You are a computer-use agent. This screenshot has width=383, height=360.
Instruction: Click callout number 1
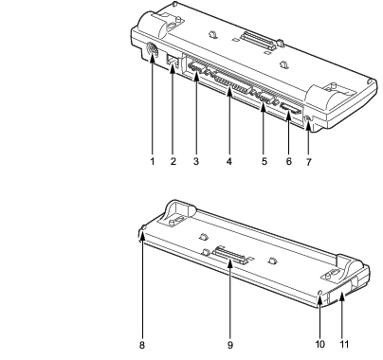(153, 161)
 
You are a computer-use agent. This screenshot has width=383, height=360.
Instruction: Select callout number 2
(173, 161)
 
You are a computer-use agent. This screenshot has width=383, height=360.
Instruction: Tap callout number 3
(196, 161)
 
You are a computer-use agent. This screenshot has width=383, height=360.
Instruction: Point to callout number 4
(229, 161)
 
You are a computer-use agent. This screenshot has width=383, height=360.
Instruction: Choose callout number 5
(264, 161)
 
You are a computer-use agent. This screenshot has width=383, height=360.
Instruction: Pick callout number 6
(289, 161)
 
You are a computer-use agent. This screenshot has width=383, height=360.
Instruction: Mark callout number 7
(309, 162)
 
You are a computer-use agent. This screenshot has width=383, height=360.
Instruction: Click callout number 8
(142, 345)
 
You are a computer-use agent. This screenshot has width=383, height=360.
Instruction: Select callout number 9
(230, 345)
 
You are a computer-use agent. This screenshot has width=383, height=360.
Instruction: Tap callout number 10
(320, 344)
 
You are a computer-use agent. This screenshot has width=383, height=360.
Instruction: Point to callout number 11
(344, 344)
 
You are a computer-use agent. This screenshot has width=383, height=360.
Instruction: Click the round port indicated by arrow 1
(153, 50)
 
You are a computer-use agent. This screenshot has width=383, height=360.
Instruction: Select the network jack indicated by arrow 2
(173, 61)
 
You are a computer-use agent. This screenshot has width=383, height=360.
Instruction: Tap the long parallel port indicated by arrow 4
(232, 84)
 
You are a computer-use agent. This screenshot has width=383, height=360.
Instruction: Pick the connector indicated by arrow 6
(289, 110)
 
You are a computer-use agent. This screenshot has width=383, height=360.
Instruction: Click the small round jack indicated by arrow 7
(308, 119)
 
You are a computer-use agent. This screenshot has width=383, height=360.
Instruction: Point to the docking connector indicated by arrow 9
(229, 256)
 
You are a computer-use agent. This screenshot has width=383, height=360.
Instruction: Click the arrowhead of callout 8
(142, 234)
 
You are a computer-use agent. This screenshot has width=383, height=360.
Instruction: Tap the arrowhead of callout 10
(319, 297)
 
